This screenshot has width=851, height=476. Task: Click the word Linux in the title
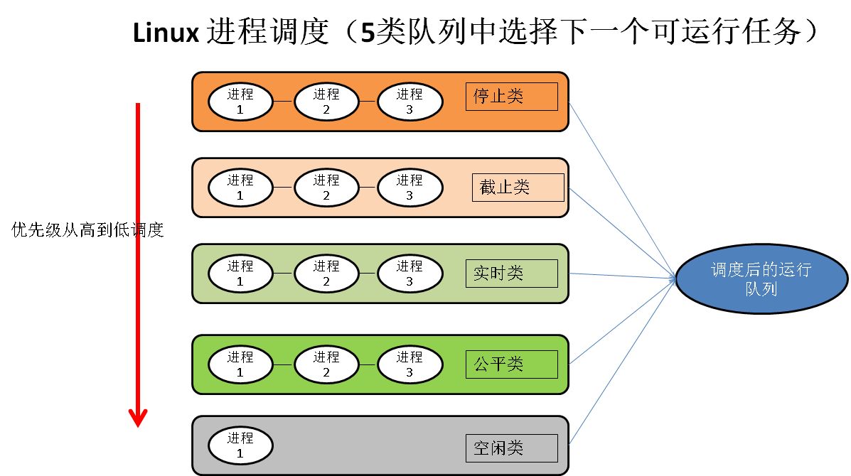[x=165, y=33]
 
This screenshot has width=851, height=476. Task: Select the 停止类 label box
[x=511, y=96]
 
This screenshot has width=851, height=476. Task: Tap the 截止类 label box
[x=517, y=187]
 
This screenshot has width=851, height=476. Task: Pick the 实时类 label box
[x=511, y=273]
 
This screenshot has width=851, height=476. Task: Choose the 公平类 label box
[x=511, y=364]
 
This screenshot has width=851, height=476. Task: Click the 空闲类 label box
[x=511, y=448]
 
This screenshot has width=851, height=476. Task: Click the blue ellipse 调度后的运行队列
[x=761, y=280]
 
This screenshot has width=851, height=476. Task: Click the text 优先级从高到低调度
[x=88, y=230]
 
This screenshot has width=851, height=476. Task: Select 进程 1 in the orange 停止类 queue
[x=240, y=102]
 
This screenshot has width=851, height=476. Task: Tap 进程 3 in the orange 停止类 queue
[x=410, y=102]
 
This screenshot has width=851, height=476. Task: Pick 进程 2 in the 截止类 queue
[x=326, y=188]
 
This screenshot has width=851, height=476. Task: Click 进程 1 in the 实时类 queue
[x=240, y=274]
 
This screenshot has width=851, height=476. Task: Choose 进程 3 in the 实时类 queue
[x=410, y=274]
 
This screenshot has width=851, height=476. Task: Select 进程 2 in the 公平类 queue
[x=326, y=364]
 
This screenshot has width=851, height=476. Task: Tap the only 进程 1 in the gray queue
[x=240, y=445]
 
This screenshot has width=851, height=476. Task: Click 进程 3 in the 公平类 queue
[x=410, y=364]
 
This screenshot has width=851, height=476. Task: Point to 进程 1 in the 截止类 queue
[x=240, y=188]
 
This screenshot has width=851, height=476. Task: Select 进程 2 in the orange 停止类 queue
[x=326, y=102]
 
